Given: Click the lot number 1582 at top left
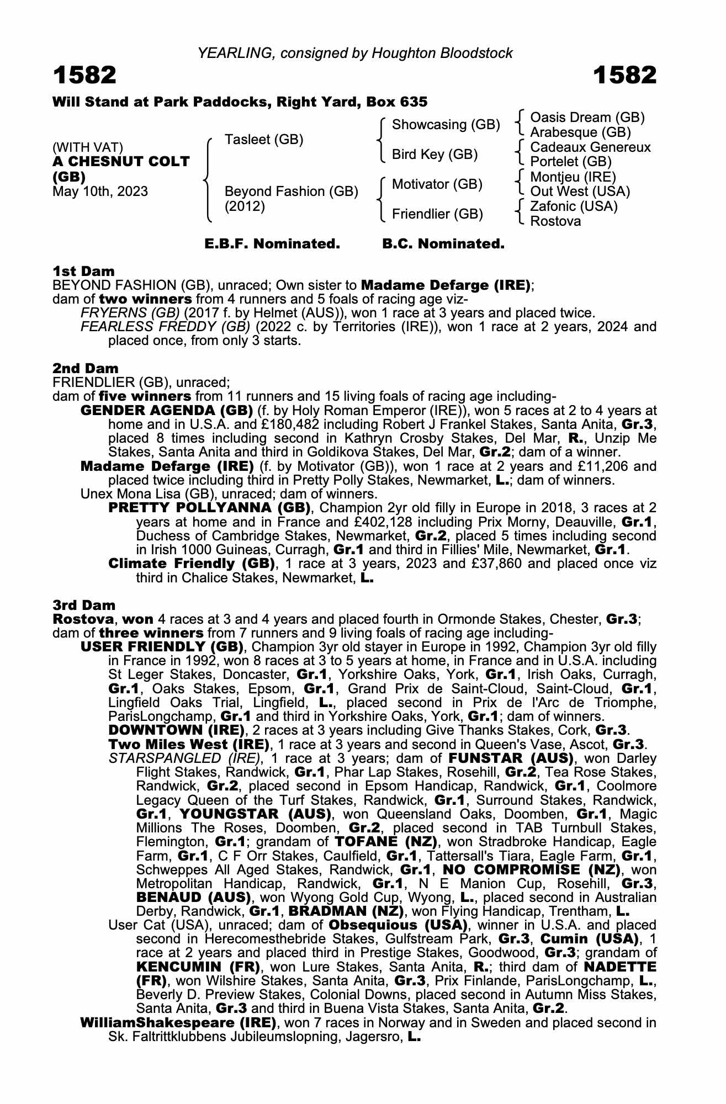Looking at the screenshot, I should pos(84,75).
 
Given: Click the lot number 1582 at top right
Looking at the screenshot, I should pos(625,75).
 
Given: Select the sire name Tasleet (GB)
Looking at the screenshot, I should pos(264,140).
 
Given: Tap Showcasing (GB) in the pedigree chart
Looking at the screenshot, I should pos(446,125).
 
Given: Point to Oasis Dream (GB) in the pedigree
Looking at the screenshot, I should pos(587,118).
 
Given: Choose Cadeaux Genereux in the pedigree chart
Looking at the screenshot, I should pos(590,147).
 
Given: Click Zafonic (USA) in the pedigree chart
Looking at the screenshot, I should pos(574,206).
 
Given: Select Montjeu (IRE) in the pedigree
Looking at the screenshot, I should pos(573,177).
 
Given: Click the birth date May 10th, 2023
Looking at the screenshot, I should pos(100,192).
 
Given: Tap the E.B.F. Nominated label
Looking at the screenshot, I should pos(272,244).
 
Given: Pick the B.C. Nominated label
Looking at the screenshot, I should pos(443,244).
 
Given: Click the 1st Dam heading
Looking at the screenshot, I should pos(83,271).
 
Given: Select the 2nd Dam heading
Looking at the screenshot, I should pos(86,368).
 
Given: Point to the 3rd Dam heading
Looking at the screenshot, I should pos(84,605).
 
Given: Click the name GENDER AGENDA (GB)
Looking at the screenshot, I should pos(167,411).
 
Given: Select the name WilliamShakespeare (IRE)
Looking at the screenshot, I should pos(178,1023).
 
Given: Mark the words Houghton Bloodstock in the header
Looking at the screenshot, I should pos(442,53).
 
